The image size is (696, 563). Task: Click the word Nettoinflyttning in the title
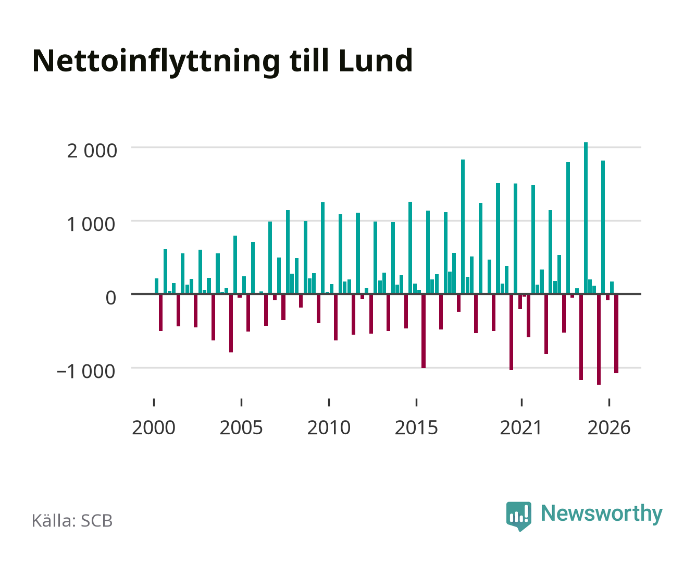(156, 62)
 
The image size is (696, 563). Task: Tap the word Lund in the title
(376, 60)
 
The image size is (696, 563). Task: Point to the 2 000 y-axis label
(92, 151)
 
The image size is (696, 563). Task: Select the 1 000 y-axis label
(91, 225)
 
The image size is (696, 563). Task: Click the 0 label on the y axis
(111, 298)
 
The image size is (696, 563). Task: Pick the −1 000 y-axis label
(86, 371)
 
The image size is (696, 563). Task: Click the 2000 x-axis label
(154, 427)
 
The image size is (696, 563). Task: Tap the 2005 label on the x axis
(241, 427)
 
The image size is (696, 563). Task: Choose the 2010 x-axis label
(329, 427)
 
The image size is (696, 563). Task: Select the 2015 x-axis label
(416, 427)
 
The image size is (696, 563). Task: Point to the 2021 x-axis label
(521, 427)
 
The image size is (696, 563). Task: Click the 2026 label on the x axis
(609, 427)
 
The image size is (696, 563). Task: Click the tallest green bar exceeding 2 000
(586, 218)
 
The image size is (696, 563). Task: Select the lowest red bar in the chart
(599, 339)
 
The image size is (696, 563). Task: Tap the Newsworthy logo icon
(518, 516)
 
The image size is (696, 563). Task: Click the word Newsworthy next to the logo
(602, 514)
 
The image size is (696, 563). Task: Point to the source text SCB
(97, 521)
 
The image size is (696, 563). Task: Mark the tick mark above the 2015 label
(416, 402)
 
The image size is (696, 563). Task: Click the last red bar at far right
(616, 334)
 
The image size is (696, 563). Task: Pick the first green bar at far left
(156, 286)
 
